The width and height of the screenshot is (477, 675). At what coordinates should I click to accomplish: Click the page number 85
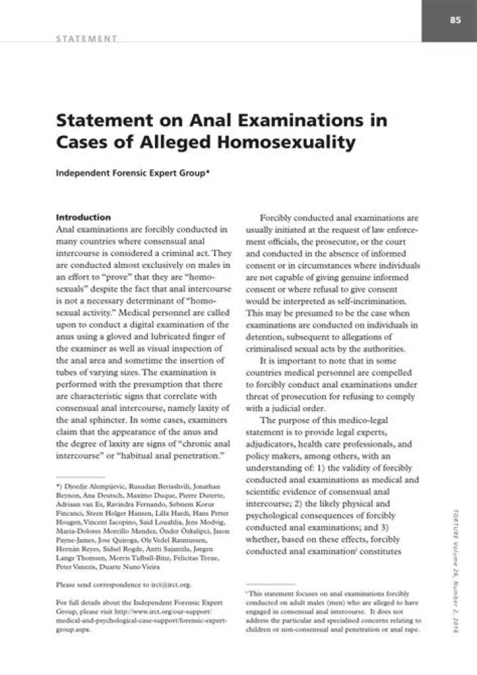tap(455, 20)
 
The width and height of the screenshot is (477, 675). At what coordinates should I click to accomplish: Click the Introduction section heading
tap(83, 217)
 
